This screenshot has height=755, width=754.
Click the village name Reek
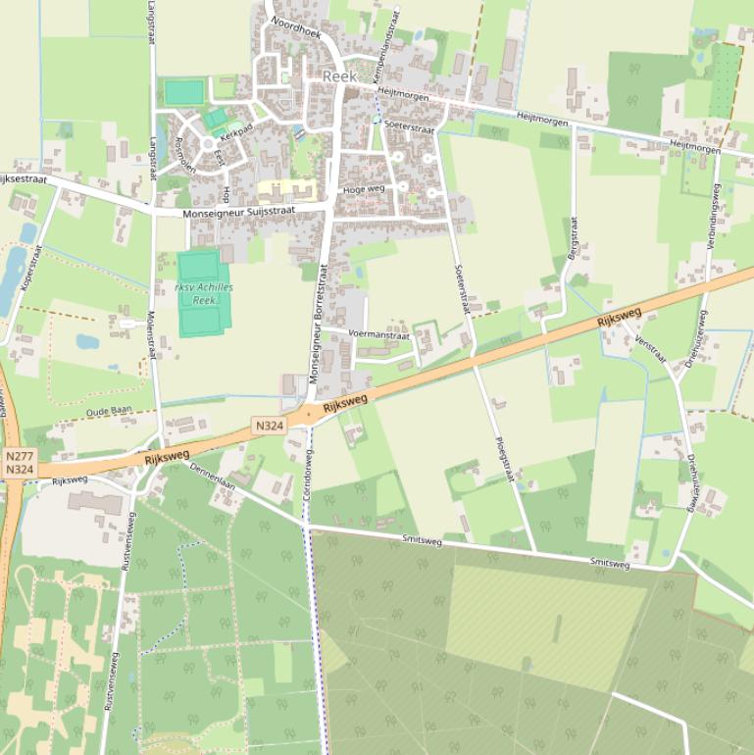(x=339, y=76)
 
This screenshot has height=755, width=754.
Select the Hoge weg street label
(x=363, y=188)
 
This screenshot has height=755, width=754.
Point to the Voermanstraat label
(x=378, y=334)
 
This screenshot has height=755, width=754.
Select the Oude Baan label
(x=109, y=413)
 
